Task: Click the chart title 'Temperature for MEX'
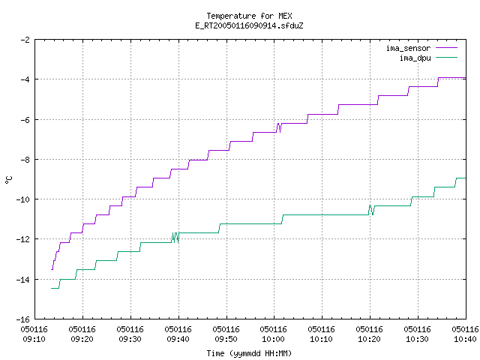pos(249,16)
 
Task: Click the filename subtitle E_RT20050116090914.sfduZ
pos(249,25)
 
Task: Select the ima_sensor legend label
pos(408,48)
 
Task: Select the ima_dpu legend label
pos(415,58)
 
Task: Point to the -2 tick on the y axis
pos(25,40)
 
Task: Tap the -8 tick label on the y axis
pos(25,160)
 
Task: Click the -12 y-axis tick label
pos(23,239)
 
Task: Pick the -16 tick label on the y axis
pos(23,319)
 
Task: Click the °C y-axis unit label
pos(9,180)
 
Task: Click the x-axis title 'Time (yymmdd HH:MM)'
pos(249,353)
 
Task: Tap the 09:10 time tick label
pos(34,339)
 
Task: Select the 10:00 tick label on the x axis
pos(273,339)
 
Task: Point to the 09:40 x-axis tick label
pos(178,339)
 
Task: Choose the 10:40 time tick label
pos(465,339)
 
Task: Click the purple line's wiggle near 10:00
pos(278,127)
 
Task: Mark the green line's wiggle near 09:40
pos(175,238)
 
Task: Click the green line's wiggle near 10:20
pos(371,210)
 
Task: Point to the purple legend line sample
pos(447,48)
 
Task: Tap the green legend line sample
pos(447,58)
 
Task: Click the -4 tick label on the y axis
pos(25,79)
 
